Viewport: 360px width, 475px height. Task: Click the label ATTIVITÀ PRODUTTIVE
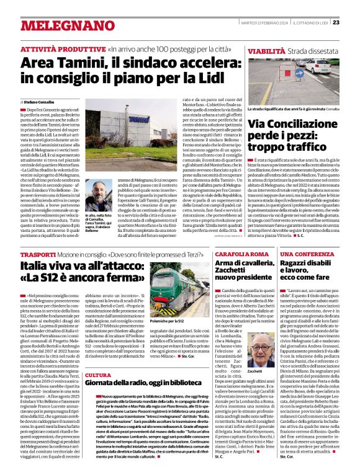[x=62, y=48]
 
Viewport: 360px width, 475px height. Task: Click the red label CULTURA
[x=97, y=376]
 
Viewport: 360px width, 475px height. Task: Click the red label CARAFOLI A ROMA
[x=241, y=255]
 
